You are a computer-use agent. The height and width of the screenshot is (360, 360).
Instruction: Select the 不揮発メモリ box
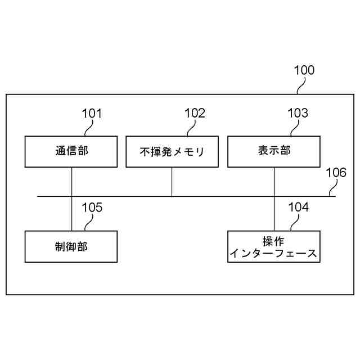(x=172, y=151)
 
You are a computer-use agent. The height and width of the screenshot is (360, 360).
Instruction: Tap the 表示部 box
(x=274, y=151)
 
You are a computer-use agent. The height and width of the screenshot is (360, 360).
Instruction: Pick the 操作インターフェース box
(x=274, y=246)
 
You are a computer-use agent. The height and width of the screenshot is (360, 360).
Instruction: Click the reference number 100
(x=304, y=70)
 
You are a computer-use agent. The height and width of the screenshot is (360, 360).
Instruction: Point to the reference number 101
(x=92, y=113)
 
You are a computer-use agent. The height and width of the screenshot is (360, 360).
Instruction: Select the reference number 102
(x=195, y=113)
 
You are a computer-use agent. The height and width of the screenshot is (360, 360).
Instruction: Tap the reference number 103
(x=298, y=113)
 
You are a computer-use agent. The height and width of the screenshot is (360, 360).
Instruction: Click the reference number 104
(x=298, y=208)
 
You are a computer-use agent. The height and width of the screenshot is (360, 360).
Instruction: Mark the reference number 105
(x=92, y=208)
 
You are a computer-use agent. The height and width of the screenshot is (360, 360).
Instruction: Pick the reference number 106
(x=336, y=173)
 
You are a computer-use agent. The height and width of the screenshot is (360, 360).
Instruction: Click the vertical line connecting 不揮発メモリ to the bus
(x=172, y=181)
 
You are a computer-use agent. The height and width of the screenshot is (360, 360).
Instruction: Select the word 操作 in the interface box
(x=274, y=241)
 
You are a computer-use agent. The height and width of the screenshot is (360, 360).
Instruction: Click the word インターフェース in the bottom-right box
(x=274, y=253)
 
